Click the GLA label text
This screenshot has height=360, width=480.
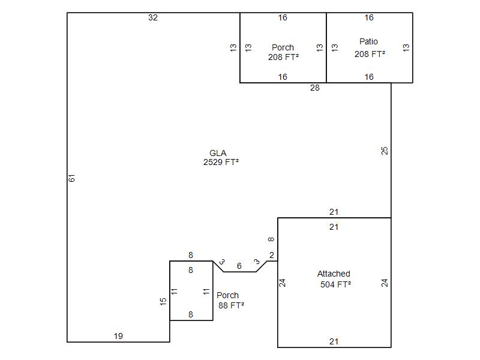point(218,153)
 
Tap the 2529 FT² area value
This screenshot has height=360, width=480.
point(221,162)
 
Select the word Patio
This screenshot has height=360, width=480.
point(368,41)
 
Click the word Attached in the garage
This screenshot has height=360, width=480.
point(334,274)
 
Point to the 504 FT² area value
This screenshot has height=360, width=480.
point(335,284)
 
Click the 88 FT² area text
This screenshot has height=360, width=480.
point(231,305)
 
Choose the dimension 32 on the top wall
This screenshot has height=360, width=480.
point(153,18)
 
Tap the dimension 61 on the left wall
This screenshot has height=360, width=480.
point(71,178)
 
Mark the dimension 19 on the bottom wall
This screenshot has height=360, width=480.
point(118,336)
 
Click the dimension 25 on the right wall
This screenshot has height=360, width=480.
point(385,151)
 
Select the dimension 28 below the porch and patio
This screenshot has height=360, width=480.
point(314,88)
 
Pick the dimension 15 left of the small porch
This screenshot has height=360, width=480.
point(163,302)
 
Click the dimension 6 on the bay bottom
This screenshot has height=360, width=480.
point(239,266)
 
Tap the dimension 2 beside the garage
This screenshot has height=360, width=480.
point(272,255)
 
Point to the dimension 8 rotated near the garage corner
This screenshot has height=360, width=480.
point(271,239)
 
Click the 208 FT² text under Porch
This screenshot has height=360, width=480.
point(283,57)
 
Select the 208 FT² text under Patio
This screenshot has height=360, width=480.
point(370,54)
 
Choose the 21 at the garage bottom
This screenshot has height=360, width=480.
point(334,341)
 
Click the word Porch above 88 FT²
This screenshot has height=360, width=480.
point(227,295)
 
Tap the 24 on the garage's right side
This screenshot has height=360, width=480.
point(385,283)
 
